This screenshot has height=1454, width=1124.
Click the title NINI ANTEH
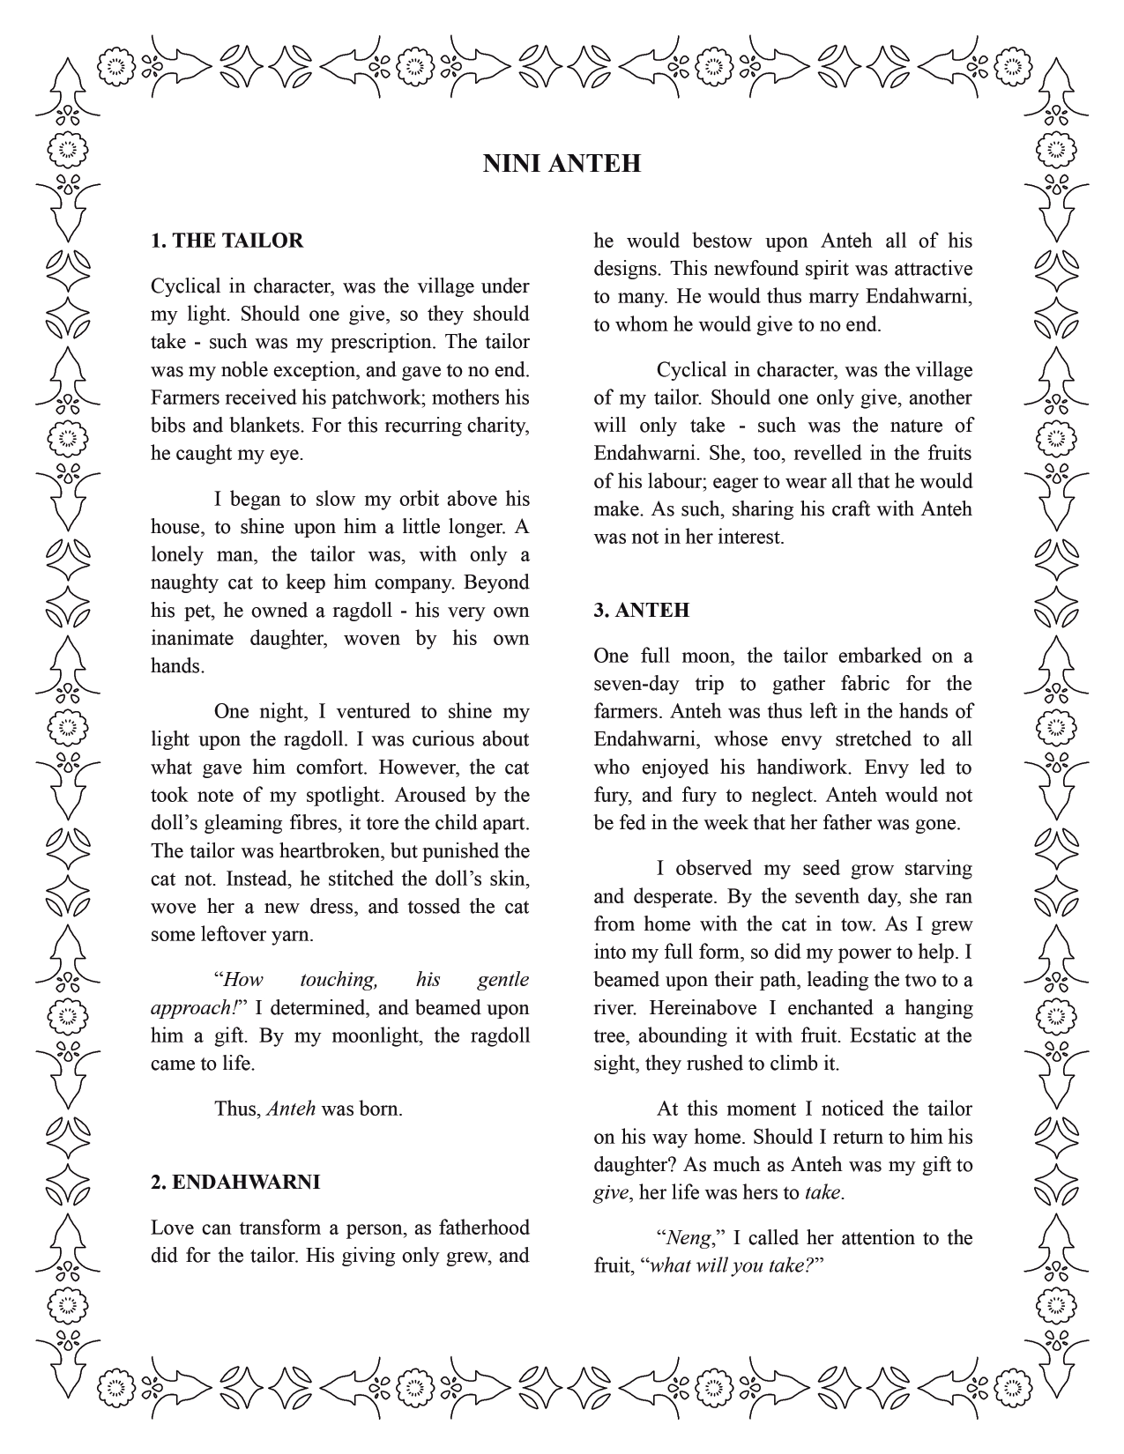click(562, 164)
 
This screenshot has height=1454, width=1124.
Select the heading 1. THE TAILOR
click(227, 241)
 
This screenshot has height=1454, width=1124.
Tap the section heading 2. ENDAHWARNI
click(234, 1182)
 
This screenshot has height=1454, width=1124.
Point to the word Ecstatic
click(890, 1035)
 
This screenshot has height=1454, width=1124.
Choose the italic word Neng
click(689, 1238)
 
